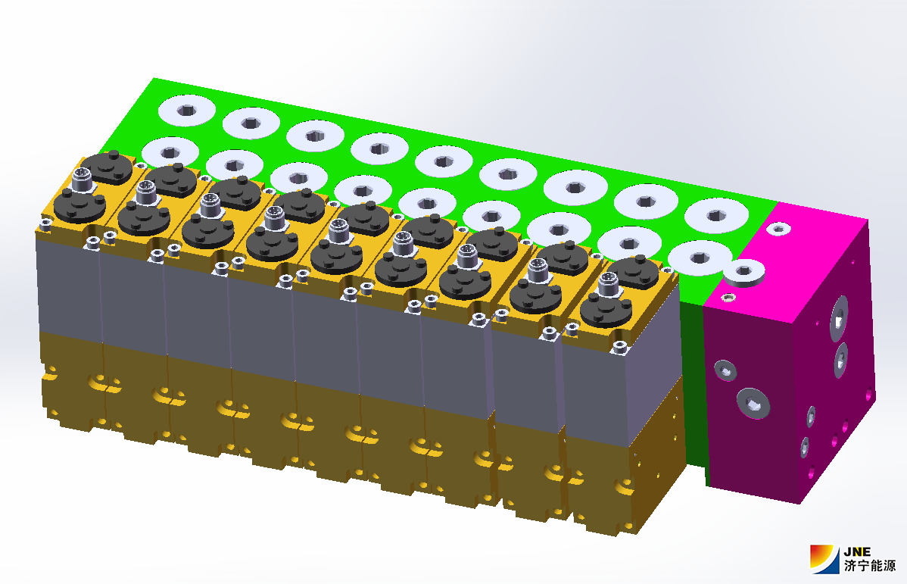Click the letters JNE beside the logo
pyautogui.click(x=857, y=551)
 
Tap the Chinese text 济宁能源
pyautogui.click(x=869, y=566)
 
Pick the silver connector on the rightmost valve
pyautogui.click(x=608, y=283)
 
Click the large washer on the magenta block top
pyautogui.click(x=744, y=272)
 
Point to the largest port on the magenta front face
pyautogui.click(x=753, y=402)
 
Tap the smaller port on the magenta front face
pyautogui.click(x=725, y=370)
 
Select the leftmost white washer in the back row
pyautogui.click(x=187, y=110)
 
